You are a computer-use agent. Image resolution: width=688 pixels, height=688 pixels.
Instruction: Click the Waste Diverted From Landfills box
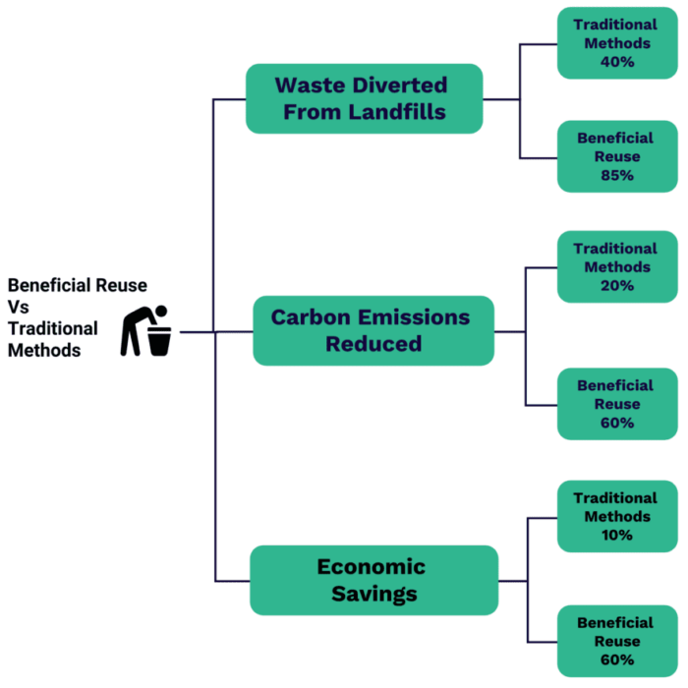pos(364,98)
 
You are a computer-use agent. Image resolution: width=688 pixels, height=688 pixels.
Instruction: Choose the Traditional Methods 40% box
pos(616,43)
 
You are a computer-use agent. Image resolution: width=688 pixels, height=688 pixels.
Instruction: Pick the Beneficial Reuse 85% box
pos(616,156)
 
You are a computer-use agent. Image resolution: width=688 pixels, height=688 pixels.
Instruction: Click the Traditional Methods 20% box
pos(616,266)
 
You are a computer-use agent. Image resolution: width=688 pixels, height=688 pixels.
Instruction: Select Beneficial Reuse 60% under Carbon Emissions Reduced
pos(616,404)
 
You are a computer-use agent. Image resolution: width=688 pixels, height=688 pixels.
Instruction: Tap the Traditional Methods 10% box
pos(616,516)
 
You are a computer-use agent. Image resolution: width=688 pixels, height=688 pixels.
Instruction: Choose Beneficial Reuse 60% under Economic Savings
pos(616,641)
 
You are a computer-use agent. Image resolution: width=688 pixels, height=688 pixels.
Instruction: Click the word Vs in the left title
pos(19,307)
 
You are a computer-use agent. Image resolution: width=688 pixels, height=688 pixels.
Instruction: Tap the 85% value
pos(616,175)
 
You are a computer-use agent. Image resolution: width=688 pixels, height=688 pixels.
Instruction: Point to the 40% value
pos(616,61)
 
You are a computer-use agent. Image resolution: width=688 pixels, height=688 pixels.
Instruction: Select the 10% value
pos(616,535)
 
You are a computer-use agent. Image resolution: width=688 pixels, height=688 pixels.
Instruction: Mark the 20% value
pos(616,285)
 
